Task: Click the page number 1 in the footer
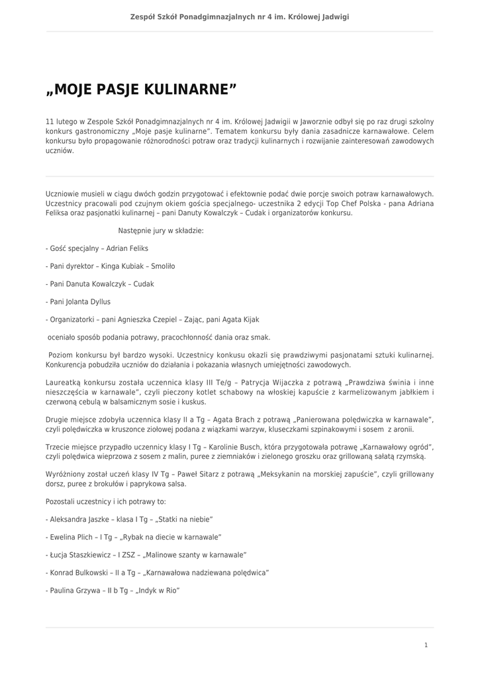[x=426, y=644]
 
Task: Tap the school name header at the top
[x=240, y=17]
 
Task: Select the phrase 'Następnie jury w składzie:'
[x=161, y=230]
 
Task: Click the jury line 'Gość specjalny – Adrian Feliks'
[x=97, y=248]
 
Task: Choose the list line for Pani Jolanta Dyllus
[x=79, y=301]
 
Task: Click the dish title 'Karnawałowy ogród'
[x=399, y=447]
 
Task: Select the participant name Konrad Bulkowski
[x=81, y=573]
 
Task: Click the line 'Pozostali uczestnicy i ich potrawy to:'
[x=106, y=501]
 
